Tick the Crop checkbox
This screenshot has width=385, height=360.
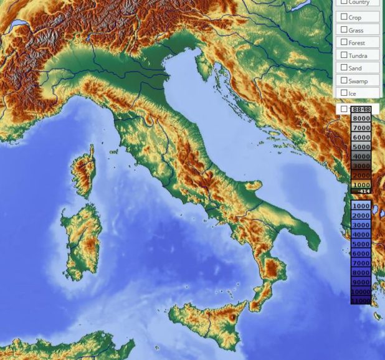(344, 17)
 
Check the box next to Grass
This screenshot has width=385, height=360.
(344, 29)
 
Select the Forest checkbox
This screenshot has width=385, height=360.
(344, 42)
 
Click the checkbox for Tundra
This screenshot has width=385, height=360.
(344, 55)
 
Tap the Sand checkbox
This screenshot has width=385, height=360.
(344, 67)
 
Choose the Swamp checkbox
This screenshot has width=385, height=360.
(344, 80)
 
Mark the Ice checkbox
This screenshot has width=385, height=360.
(344, 93)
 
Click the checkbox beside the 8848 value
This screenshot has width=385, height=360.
(344, 109)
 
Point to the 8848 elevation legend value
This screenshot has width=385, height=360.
(361, 110)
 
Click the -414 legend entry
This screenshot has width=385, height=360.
(361, 191)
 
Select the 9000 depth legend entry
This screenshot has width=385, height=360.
(361, 282)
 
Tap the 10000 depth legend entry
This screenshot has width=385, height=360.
(361, 292)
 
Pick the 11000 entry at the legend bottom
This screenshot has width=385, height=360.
(361, 301)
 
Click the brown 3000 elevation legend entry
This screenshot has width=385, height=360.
(361, 166)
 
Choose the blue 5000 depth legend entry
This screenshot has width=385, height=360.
(361, 244)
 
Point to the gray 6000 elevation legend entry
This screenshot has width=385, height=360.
(361, 137)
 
